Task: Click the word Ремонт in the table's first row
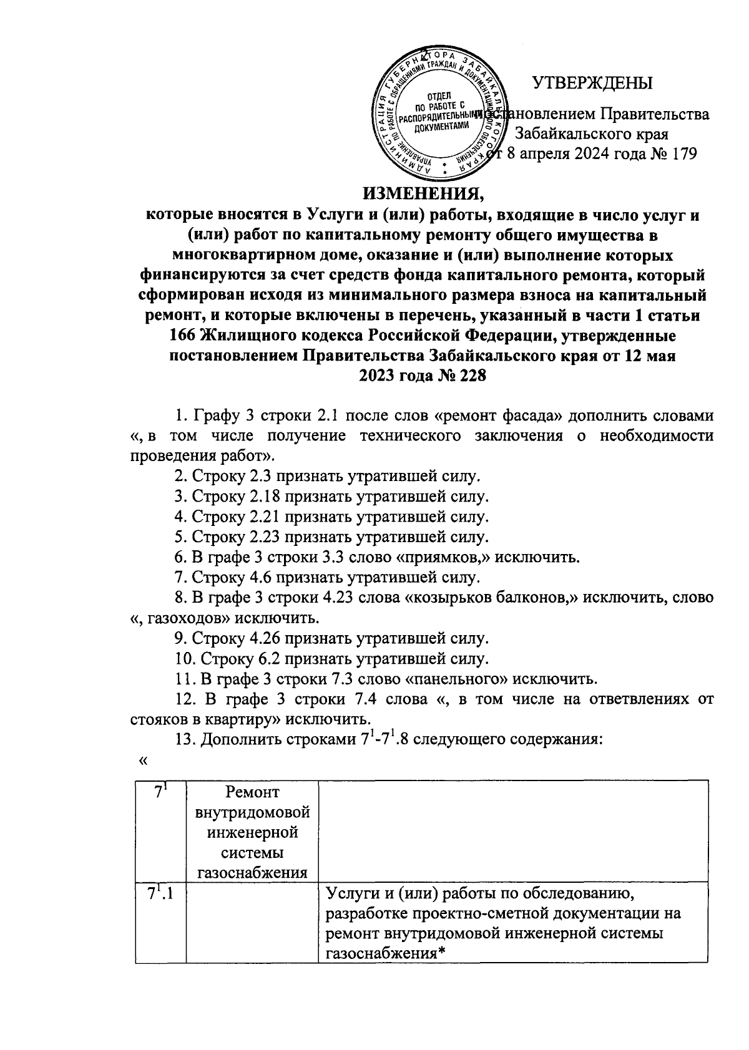pyautogui.click(x=253, y=793)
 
